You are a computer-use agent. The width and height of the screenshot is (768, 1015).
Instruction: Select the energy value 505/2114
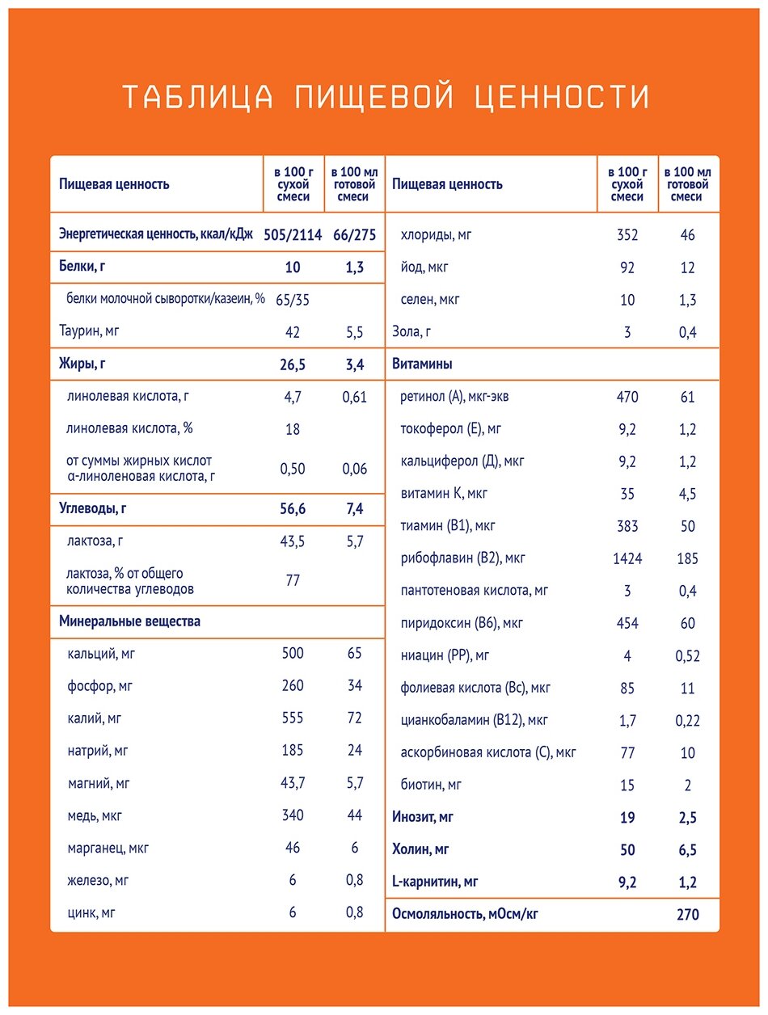point(293,235)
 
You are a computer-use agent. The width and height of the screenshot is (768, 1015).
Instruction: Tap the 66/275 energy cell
point(354,235)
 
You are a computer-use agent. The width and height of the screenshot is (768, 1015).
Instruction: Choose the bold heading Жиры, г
point(82,364)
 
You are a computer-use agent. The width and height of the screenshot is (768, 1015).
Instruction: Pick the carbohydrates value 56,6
point(293,509)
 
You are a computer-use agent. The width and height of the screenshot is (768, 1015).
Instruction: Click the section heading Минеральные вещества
point(129,621)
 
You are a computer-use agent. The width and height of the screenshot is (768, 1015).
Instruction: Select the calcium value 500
point(293,653)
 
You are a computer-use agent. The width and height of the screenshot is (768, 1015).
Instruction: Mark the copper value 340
point(293,815)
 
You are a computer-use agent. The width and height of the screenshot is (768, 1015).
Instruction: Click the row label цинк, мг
point(91,913)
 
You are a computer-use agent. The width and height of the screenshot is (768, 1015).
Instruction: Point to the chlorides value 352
point(627,235)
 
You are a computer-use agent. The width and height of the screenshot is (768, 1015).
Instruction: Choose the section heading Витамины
point(422,364)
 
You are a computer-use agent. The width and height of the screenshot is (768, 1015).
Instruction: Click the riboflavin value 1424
point(627,558)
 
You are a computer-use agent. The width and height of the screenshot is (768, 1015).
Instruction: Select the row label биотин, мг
point(431,785)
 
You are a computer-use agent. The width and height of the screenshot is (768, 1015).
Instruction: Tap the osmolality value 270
point(687,915)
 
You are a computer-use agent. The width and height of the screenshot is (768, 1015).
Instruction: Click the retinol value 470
point(627,397)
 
